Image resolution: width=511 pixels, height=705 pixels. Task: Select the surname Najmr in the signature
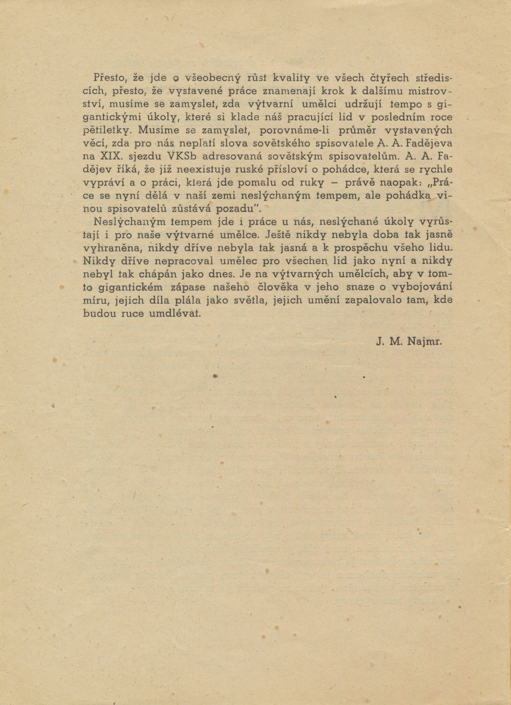pyautogui.click(x=424, y=342)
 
